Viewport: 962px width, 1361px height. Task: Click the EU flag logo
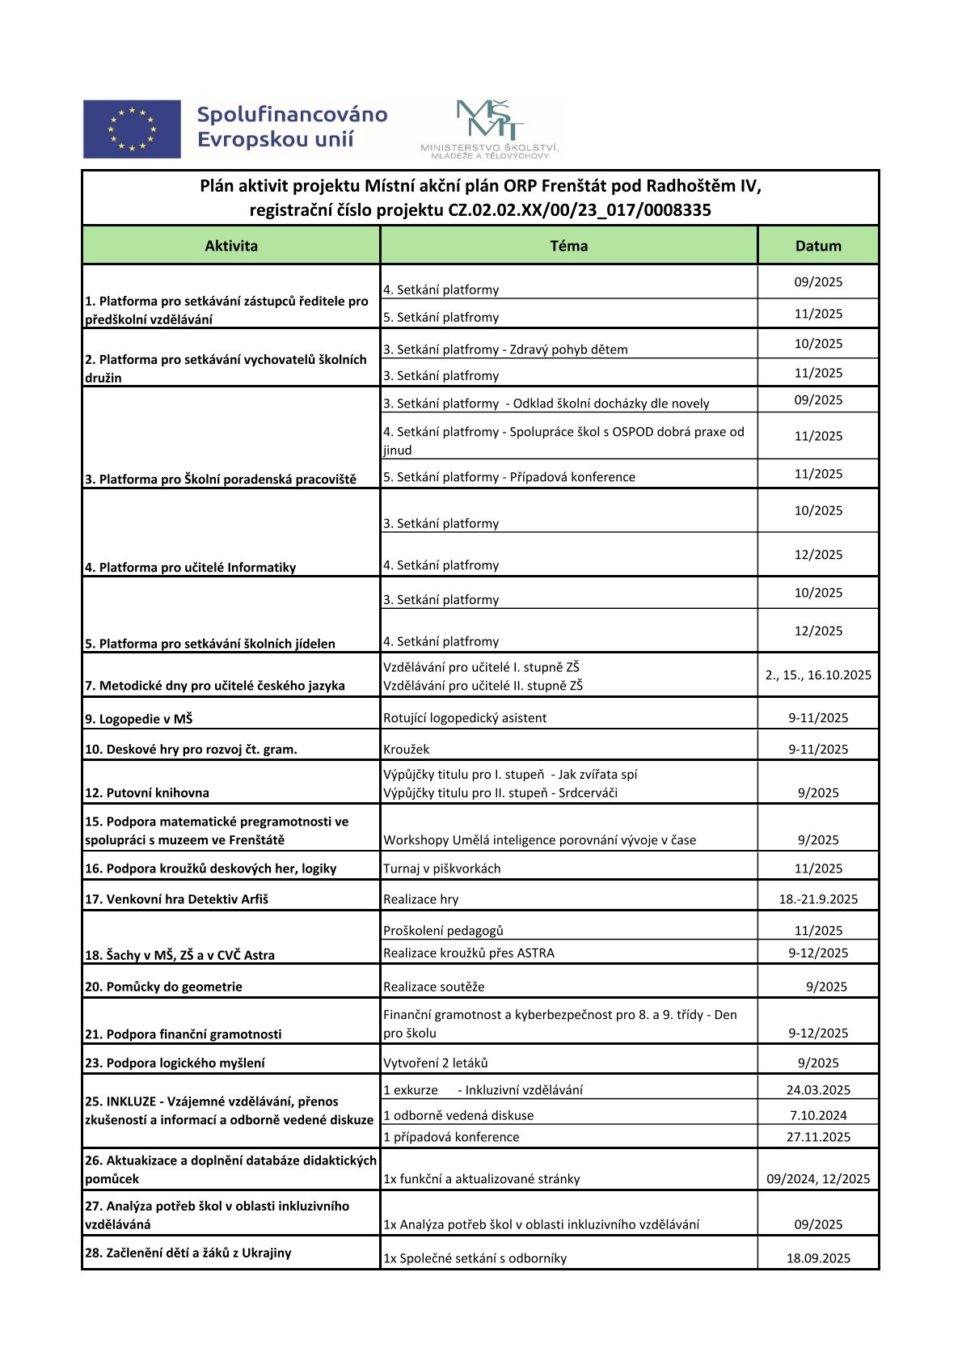[x=132, y=129]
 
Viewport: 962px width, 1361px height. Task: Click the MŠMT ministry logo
[x=490, y=129]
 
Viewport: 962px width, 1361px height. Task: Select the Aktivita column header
[x=231, y=246]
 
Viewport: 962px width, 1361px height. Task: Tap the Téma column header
[x=568, y=246]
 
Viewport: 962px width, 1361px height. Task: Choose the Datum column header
[x=818, y=246]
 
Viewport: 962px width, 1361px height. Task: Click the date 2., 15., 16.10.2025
[x=818, y=675]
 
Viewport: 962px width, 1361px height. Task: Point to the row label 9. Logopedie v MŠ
[x=139, y=719]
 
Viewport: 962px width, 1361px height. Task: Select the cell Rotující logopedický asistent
[x=465, y=718]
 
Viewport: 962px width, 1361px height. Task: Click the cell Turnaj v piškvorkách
[x=442, y=869]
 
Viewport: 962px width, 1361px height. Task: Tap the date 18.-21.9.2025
[x=818, y=899]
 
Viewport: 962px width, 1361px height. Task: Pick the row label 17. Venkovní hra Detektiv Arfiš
[x=176, y=899]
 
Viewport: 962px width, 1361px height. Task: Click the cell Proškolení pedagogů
[x=443, y=931]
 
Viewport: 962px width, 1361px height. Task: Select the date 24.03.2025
[x=818, y=1090]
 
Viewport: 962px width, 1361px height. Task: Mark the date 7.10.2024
[x=818, y=1115]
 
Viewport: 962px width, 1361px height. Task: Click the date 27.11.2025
[x=818, y=1137]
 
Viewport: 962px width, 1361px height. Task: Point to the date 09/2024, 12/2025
[x=818, y=1179]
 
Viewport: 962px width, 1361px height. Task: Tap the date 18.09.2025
[x=818, y=1258]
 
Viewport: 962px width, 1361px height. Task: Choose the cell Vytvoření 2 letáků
[x=436, y=1063]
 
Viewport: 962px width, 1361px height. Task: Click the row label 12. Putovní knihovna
[x=147, y=793]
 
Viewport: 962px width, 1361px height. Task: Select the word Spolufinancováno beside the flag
[x=293, y=115]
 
